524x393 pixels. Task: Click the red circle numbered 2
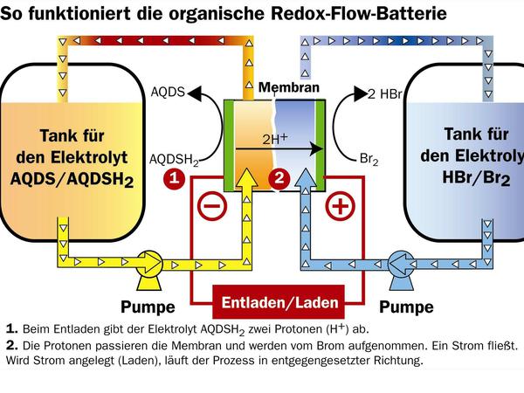click(279, 178)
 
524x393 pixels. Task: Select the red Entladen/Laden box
click(274, 303)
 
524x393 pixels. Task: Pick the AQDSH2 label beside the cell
click(176, 159)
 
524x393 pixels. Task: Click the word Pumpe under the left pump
click(146, 307)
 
